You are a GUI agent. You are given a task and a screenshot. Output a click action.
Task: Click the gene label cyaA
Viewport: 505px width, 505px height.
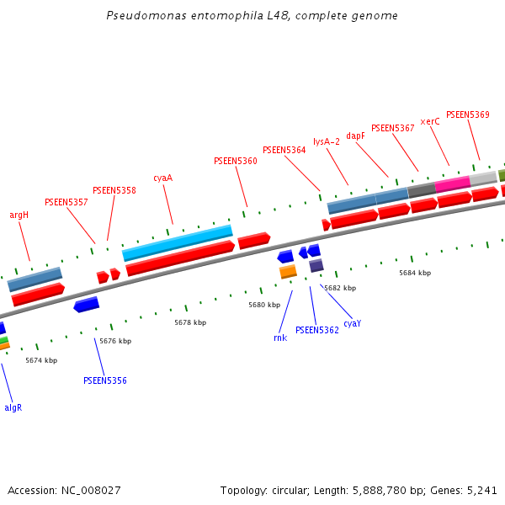coord(162,178)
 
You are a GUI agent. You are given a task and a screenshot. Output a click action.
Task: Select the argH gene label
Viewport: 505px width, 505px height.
coord(19,215)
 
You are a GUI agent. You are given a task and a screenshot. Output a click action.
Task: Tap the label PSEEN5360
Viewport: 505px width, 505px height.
coord(236,161)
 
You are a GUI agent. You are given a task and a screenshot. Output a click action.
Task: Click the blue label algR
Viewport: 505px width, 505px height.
coord(13,407)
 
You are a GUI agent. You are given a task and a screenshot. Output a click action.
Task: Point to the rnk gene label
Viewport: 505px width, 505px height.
coord(280,338)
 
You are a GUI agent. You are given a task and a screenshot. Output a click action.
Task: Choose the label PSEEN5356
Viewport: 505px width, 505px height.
coord(105,380)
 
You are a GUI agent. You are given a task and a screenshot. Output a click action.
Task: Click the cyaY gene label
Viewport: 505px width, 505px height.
coord(352,323)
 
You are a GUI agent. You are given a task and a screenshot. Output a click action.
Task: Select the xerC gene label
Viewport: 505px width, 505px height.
coord(430,121)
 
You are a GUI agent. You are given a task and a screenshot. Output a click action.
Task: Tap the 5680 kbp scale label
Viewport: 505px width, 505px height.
coord(264,305)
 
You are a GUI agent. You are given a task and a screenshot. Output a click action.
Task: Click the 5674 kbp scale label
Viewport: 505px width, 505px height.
coord(41,360)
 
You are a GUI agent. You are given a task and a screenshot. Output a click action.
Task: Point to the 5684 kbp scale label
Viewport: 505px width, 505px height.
coord(415,273)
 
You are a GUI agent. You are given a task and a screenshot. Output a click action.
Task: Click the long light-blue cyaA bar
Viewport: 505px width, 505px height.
coord(177,242)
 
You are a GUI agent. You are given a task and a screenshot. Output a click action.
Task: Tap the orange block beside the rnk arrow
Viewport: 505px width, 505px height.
coord(288,271)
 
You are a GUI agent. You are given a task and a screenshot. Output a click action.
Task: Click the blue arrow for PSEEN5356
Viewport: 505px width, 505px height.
coord(86,305)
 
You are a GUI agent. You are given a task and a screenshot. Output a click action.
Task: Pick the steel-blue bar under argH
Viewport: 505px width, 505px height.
coord(35,279)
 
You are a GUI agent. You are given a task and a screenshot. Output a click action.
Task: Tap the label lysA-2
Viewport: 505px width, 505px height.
coord(327,141)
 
